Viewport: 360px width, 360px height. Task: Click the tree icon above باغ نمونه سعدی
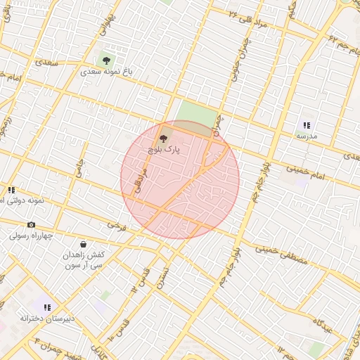(x=106, y=60)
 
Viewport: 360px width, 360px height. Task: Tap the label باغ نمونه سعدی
(x=107, y=72)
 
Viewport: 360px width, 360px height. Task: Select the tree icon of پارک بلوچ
(x=164, y=139)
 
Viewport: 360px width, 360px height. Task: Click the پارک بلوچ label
(x=165, y=150)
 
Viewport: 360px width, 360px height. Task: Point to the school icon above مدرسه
(x=307, y=124)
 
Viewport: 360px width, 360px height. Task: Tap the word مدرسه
(x=307, y=135)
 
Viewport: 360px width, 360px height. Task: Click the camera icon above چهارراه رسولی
(x=31, y=224)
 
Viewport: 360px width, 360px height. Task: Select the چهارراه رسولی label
(x=31, y=236)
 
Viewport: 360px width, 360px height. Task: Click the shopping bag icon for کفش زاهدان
(x=84, y=244)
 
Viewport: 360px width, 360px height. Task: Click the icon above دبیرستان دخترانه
(x=47, y=307)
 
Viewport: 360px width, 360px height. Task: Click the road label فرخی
(x=115, y=226)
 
